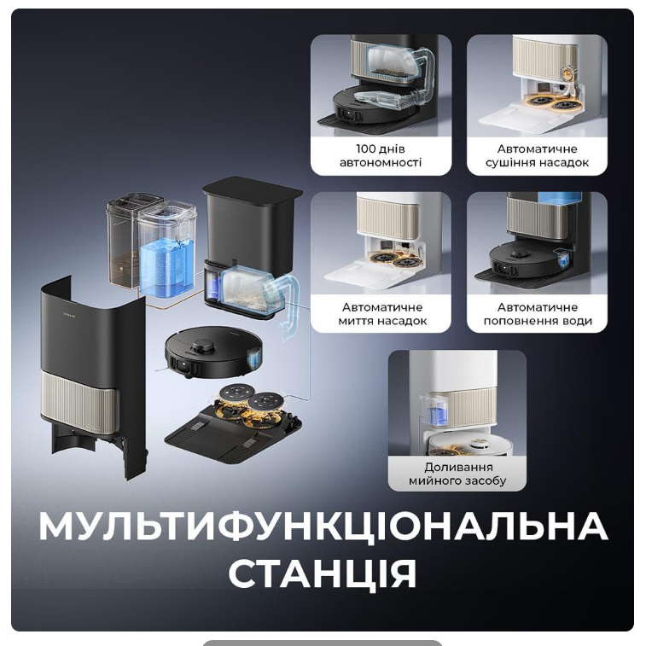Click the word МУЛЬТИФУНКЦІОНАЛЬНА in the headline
click(323, 527)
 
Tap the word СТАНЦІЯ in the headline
click(323, 573)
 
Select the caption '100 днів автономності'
click(381, 155)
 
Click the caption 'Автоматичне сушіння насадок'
click(537, 155)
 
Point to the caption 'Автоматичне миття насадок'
click(382, 314)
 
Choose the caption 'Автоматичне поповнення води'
click(538, 314)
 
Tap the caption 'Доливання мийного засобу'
click(457, 474)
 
